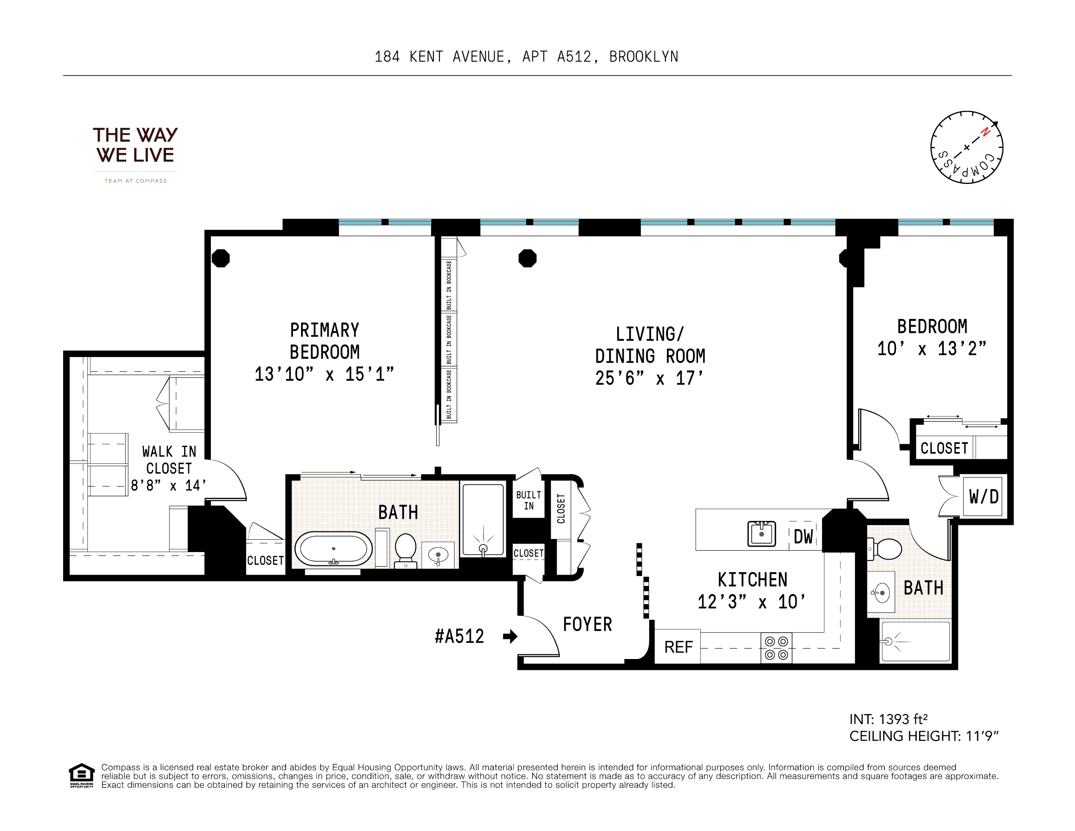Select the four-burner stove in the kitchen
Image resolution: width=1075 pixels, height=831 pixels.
(x=776, y=647)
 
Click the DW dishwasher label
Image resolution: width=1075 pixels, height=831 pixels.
(x=803, y=536)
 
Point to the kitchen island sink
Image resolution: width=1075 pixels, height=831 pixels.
(x=762, y=534)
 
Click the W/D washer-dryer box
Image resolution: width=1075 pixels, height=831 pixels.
(x=983, y=496)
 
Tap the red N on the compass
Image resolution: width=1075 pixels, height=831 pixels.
(x=985, y=132)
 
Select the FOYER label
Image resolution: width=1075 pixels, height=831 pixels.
(x=587, y=624)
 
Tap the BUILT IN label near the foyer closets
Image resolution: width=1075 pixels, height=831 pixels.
(x=528, y=500)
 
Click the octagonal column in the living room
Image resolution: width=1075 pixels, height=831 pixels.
(x=527, y=258)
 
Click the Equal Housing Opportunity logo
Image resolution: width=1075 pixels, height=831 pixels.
(x=81, y=776)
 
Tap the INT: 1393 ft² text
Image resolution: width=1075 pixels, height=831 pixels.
(x=888, y=719)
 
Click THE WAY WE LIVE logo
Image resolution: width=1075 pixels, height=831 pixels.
(x=136, y=145)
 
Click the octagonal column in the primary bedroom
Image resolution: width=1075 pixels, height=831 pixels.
(x=221, y=258)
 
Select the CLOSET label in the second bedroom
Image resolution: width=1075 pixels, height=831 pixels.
(x=944, y=448)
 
